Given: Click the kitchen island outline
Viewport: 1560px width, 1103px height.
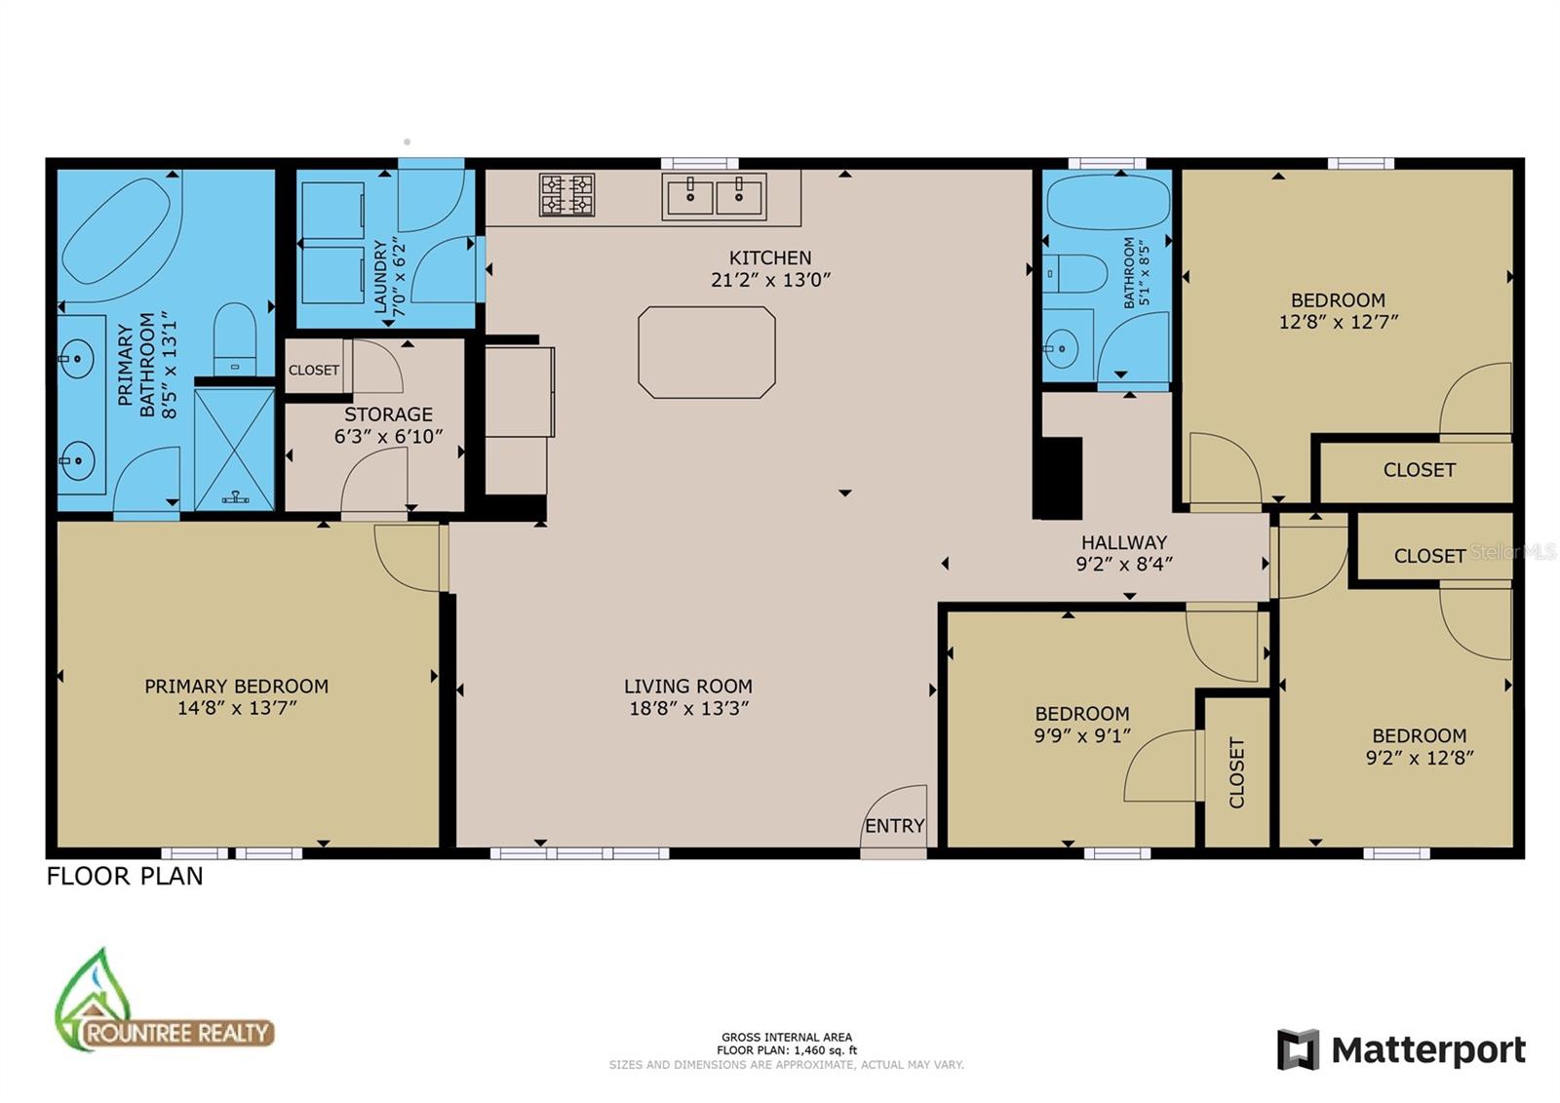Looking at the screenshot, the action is [707, 307].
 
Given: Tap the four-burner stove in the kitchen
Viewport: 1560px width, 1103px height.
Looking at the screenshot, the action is [566, 194].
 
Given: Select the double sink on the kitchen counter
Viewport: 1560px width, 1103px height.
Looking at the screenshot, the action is [714, 197].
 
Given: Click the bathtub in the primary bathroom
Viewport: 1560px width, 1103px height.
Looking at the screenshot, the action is [116, 230].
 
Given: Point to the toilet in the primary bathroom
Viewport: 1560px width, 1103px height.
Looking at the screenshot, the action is [235, 339].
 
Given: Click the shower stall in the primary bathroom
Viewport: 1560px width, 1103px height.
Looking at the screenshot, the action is [235, 450].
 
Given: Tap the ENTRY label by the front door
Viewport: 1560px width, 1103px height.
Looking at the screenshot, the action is [895, 826].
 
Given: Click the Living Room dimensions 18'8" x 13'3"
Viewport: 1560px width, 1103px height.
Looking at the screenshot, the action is [688, 709].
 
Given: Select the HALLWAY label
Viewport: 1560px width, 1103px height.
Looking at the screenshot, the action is [1124, 542].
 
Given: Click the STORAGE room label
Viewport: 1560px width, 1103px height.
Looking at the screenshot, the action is [389, 414].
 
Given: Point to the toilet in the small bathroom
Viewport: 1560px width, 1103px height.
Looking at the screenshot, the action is [1075, 274].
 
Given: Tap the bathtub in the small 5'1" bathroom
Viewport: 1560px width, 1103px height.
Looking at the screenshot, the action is [1109, 202].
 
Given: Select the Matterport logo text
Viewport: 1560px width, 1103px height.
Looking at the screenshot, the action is [1428, 1049].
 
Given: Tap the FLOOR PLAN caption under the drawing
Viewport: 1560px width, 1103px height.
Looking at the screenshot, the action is [125, 876].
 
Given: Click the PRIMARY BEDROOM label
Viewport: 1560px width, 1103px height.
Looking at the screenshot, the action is [237, 687].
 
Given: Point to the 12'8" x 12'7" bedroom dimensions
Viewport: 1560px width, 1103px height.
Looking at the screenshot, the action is [1339, 322].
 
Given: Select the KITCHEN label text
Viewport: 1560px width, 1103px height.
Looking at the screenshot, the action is [770, 257].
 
